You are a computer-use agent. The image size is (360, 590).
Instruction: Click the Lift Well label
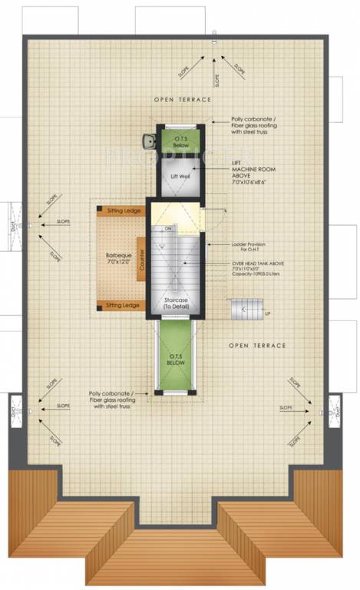point(179,177)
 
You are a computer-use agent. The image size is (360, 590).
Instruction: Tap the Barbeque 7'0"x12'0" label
point(118,258)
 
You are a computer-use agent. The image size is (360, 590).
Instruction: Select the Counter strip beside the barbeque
point(143,259)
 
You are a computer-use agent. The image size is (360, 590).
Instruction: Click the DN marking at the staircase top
point(168,228)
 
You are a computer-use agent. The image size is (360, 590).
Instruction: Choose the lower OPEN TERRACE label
point(257,346)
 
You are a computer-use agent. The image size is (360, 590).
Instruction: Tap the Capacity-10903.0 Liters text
point(256,275)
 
